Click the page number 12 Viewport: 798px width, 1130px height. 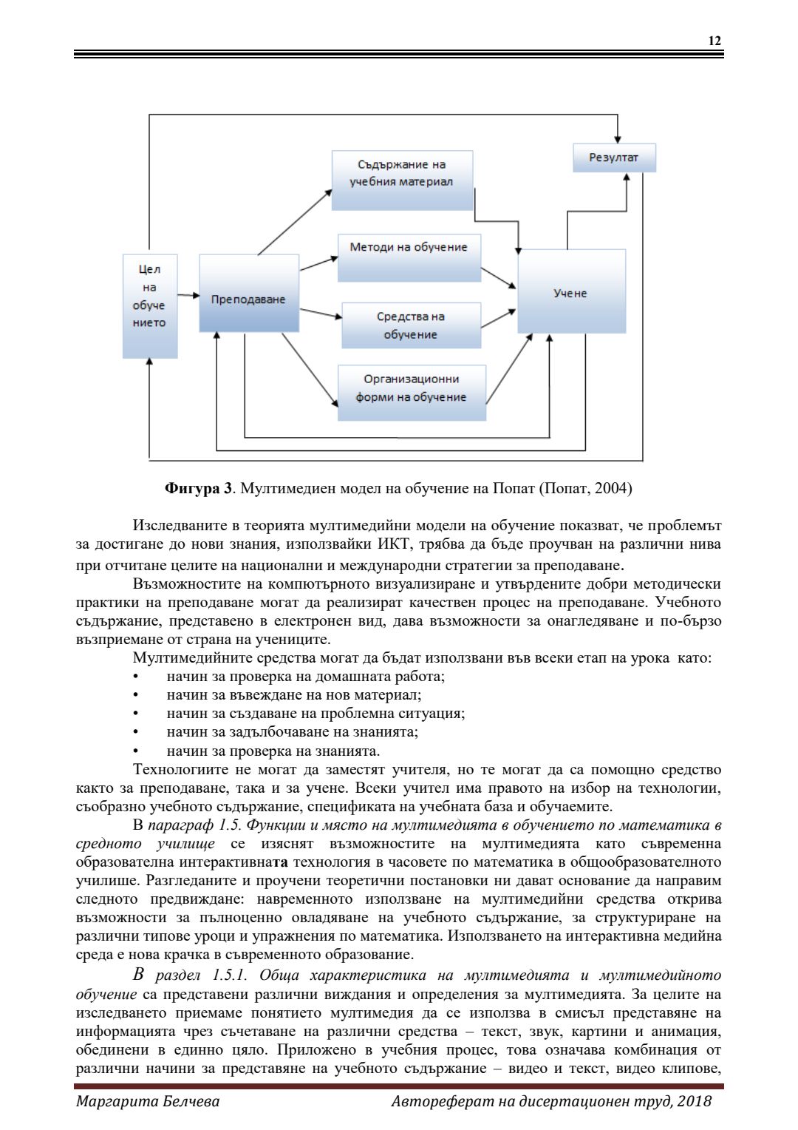coord(715,41)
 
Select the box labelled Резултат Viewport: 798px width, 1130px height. coord(614,158)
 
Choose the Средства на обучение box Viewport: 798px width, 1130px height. coord(411,325)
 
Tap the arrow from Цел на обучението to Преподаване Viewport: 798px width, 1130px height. coord(188,296)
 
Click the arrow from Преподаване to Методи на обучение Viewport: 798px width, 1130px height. coord(318,263)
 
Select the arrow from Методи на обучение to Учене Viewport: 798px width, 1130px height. coord(499,278)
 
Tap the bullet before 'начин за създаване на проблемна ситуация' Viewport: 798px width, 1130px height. coord(135,714)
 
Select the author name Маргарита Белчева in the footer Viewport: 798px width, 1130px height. coord(148,1101)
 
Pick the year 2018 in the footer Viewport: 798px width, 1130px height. coord(695,1101)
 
